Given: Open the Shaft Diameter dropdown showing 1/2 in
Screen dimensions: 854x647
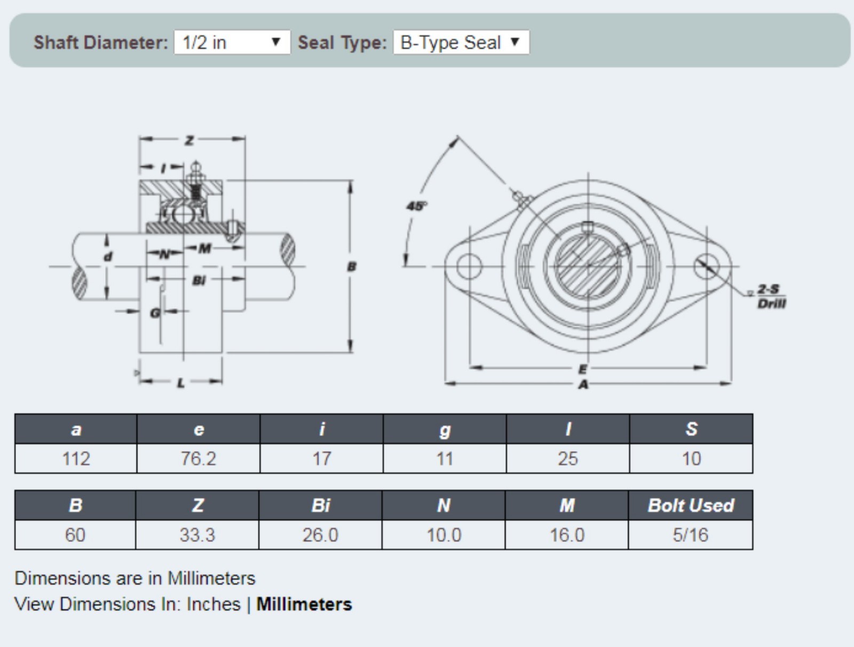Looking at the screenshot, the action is [232, 42].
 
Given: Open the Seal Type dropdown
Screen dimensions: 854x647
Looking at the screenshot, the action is [461, 42].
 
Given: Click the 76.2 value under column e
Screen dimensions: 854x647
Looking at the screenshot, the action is [199, 459].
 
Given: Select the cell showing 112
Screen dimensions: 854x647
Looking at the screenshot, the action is [76, 459].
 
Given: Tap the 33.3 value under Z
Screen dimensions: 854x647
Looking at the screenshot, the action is [197, 534].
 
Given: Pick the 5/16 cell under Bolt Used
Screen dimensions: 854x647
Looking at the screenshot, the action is [691, 534].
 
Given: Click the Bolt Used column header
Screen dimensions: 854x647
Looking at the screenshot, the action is [691, 505].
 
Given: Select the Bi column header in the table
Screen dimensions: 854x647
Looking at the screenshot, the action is [320, 505].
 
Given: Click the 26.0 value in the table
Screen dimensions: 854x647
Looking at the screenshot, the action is [320, 534].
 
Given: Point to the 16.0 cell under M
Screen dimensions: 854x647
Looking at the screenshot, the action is [567, 534].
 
